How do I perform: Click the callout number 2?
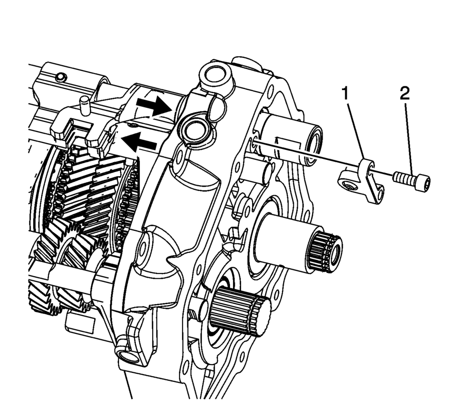404,94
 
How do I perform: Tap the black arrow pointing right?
154,105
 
